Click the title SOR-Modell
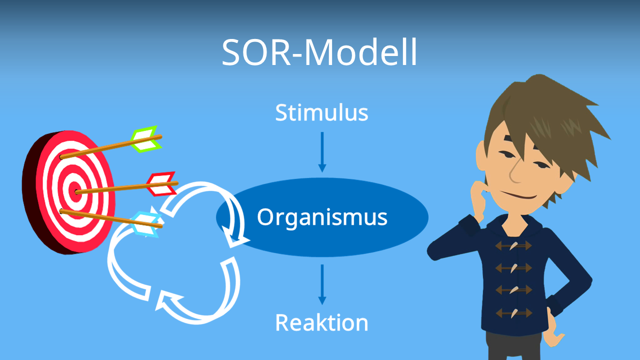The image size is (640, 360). pos(319,52)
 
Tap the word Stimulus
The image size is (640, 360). pos(321,113)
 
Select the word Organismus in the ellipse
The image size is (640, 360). pos(322,217)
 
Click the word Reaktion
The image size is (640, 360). pos(321,323)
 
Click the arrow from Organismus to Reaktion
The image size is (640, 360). pos(322,284)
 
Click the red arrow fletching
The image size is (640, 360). pos(161,184)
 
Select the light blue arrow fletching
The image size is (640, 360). pos(146,224)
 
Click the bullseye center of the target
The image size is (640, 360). pos(74,191)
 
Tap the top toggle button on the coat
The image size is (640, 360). pos(513,245)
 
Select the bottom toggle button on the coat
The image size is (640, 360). pos(513,313)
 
